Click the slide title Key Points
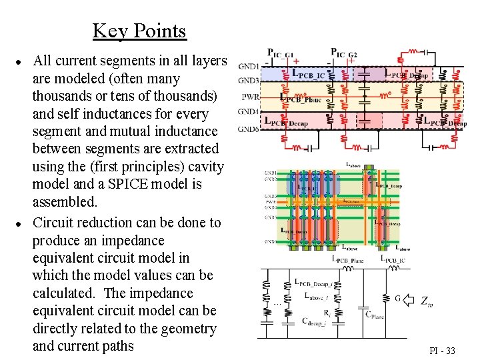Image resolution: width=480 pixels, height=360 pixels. coord(139,31)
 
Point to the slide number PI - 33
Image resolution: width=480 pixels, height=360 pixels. coord(442,351)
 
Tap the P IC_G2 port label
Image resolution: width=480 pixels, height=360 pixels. coord(344,52)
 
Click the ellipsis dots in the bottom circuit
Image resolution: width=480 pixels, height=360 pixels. coord(277,304)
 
